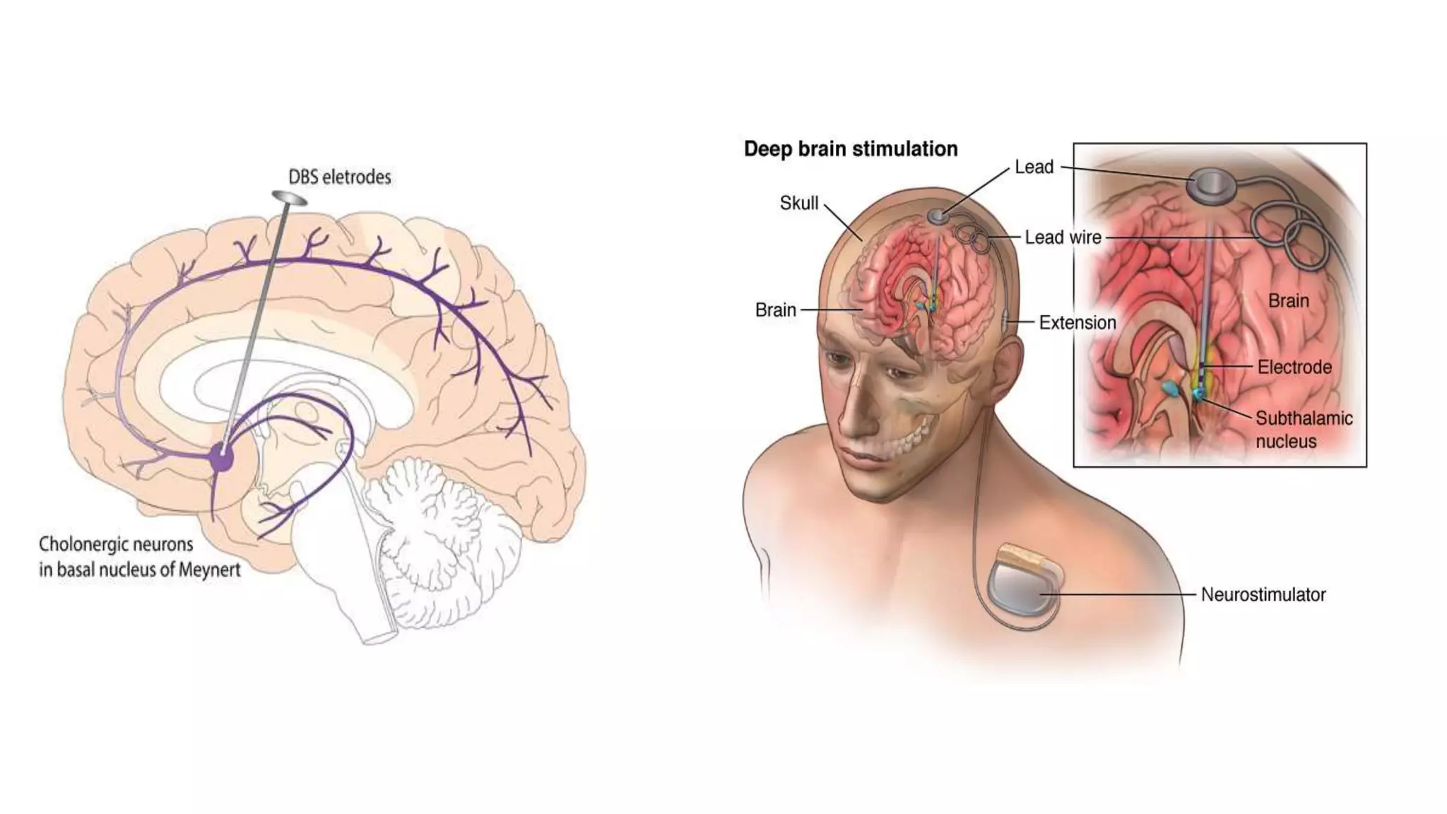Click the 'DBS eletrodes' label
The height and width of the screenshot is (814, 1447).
[339, 177]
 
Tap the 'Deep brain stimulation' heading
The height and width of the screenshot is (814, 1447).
[851, 149]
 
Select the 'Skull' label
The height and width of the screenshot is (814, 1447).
[798, 203]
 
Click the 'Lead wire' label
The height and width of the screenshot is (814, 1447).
[1063, 237]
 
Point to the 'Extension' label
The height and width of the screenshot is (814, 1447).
[1077, 323]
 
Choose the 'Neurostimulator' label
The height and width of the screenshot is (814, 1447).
[1263, 595]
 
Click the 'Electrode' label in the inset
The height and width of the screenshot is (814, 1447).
[1294, 367]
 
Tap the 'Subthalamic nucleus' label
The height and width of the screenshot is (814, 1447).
[1303, 430]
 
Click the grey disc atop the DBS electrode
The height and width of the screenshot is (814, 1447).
[289, 197]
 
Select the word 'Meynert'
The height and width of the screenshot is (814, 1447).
[209, 570]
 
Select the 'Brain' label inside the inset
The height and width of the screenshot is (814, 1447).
[1288, 301]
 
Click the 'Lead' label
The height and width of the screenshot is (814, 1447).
[1034, 167]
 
